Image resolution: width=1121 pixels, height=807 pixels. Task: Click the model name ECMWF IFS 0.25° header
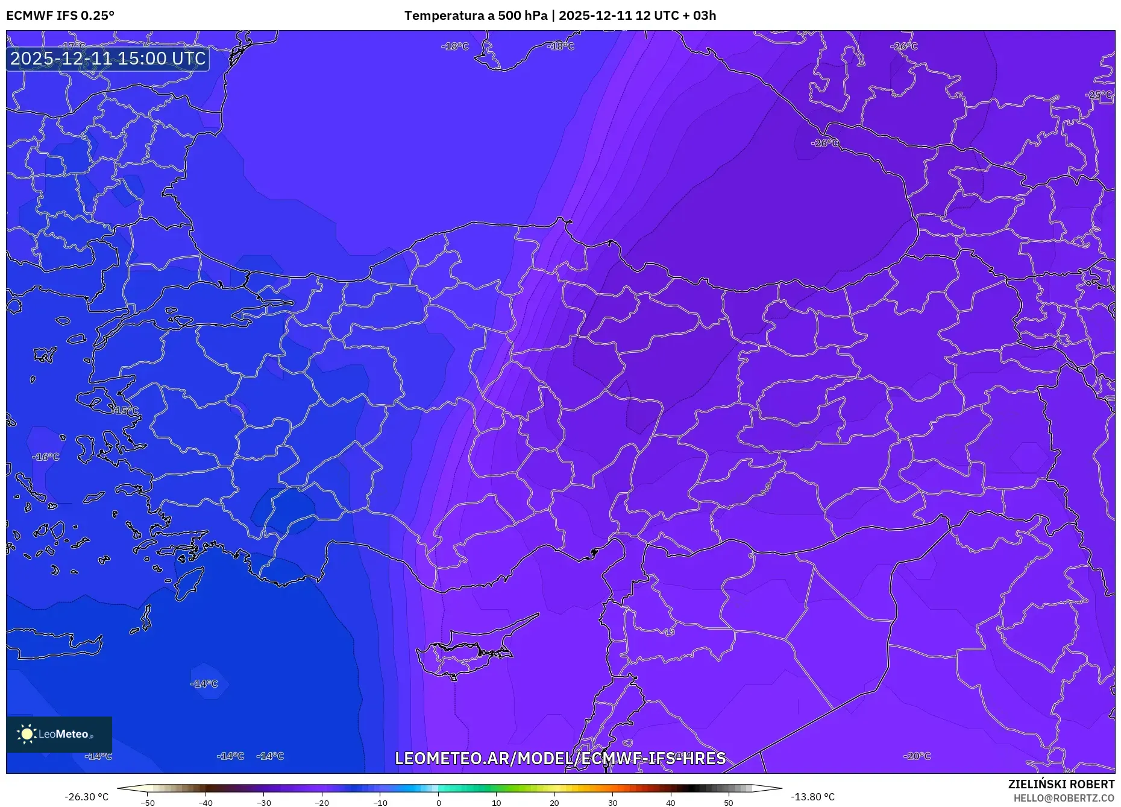tap(60, 16)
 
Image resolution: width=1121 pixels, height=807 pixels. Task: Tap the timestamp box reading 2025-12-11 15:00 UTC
tap(108, 59)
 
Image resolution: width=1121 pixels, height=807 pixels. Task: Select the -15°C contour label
tap(125, 411)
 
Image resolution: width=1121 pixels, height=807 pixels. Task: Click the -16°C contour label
tap(46, 457)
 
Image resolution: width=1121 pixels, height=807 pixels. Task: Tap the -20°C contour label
tap(917, 756)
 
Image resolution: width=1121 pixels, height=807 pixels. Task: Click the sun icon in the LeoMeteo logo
tap(27, 734)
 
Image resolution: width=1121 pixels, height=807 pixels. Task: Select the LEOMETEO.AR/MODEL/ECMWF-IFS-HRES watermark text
tap(560, 758)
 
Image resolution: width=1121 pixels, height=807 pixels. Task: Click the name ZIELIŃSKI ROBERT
tap(1061, 784)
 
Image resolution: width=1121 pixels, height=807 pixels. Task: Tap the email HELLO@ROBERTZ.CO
tap(1064, 798)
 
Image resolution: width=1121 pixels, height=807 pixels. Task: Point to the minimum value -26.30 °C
tap(87, 797)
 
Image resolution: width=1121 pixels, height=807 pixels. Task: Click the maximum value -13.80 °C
tap(812, 797)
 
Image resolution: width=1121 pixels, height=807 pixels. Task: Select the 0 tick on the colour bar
tap(438, 803)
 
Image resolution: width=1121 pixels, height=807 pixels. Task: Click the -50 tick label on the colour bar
tap(148, 803)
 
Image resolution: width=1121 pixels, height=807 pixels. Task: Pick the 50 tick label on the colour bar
tap(729, 803)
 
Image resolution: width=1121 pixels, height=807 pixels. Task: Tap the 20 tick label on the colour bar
tap(554, 803)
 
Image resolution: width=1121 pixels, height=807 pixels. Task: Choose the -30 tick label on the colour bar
tap(264, 803)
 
